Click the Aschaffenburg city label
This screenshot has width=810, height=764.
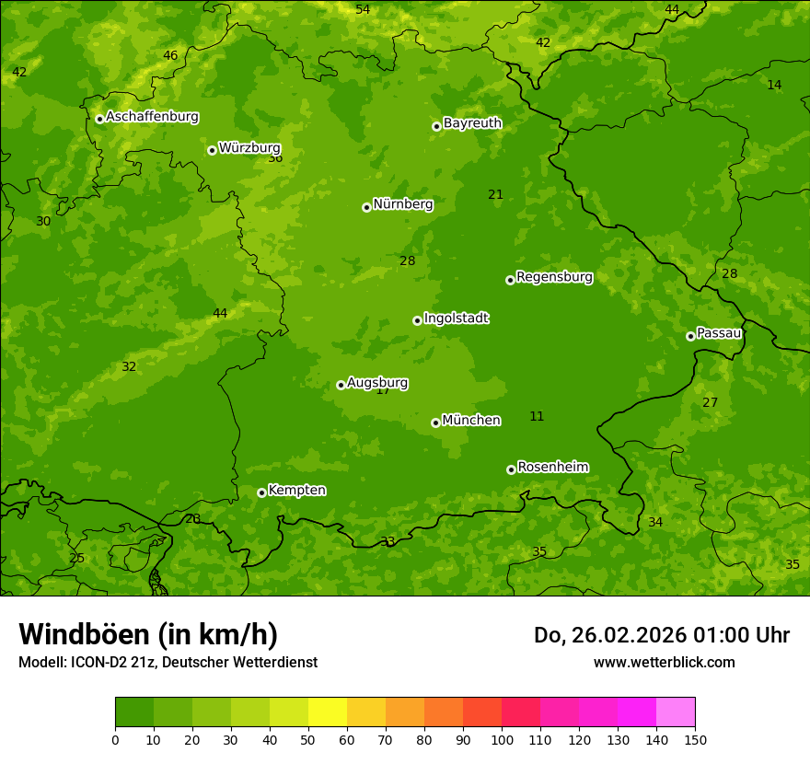pos(152,117)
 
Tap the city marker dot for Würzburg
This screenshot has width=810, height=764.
pos(212,150)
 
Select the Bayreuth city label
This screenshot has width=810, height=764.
pos(472,123)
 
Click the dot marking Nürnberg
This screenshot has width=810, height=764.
pos(366,207)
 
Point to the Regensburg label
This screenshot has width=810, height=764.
pos(554,277)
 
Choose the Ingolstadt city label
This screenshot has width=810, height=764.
pos(456,318)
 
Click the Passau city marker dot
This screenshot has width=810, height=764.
pos(690,336)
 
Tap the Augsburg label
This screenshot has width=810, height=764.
pos(377,383)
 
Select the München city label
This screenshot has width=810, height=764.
pos(471,421)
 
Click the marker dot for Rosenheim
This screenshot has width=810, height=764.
pos(511,469)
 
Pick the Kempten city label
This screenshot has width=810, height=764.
pos(296,491)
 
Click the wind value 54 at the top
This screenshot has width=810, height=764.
pos(363,9)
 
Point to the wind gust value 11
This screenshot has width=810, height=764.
pos(537,417)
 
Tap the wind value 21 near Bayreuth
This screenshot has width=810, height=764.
pos(495,194)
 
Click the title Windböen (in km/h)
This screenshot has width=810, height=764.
pos(148,634)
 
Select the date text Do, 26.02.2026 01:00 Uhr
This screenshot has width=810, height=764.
pos(661,635)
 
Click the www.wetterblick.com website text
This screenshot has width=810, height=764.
pos(664,662)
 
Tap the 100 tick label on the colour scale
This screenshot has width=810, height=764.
pos(502,739)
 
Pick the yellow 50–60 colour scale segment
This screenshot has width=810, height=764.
pos(328,712)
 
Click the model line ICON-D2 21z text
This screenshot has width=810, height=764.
pos(168,662)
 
